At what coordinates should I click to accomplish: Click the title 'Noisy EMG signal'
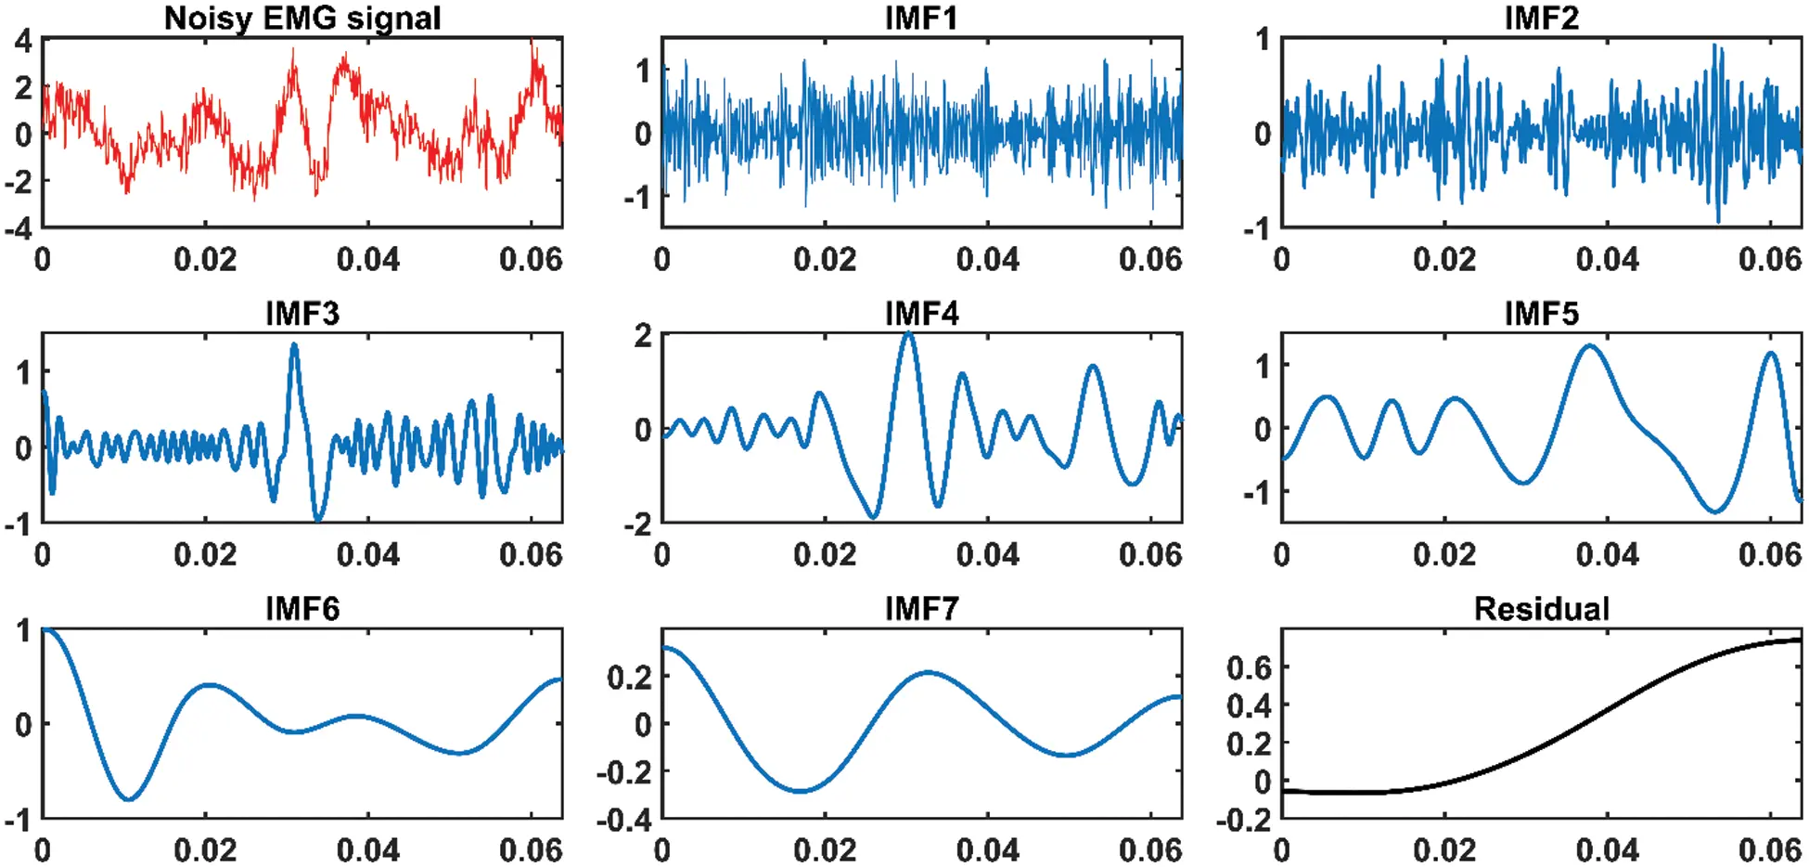302,18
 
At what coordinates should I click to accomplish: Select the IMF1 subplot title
920,18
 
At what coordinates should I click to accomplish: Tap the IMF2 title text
1541,18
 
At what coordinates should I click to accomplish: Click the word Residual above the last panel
1541,609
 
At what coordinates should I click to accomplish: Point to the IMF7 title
920,609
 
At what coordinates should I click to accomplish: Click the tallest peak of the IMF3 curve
294,345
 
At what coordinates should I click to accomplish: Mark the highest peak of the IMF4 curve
909,333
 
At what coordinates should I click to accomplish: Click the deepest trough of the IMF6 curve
129,799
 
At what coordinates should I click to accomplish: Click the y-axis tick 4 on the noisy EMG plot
23,41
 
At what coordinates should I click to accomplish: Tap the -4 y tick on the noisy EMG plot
19,227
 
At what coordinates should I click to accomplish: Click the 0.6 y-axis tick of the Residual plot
1249,666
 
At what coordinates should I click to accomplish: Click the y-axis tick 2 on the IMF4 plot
642,335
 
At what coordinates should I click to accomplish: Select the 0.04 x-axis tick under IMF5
1607,554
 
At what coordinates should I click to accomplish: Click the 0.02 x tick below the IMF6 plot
205,849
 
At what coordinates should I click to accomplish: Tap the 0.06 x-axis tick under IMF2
1769,258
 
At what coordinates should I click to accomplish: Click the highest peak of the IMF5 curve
1590,346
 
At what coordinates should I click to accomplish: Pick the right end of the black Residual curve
1800,640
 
